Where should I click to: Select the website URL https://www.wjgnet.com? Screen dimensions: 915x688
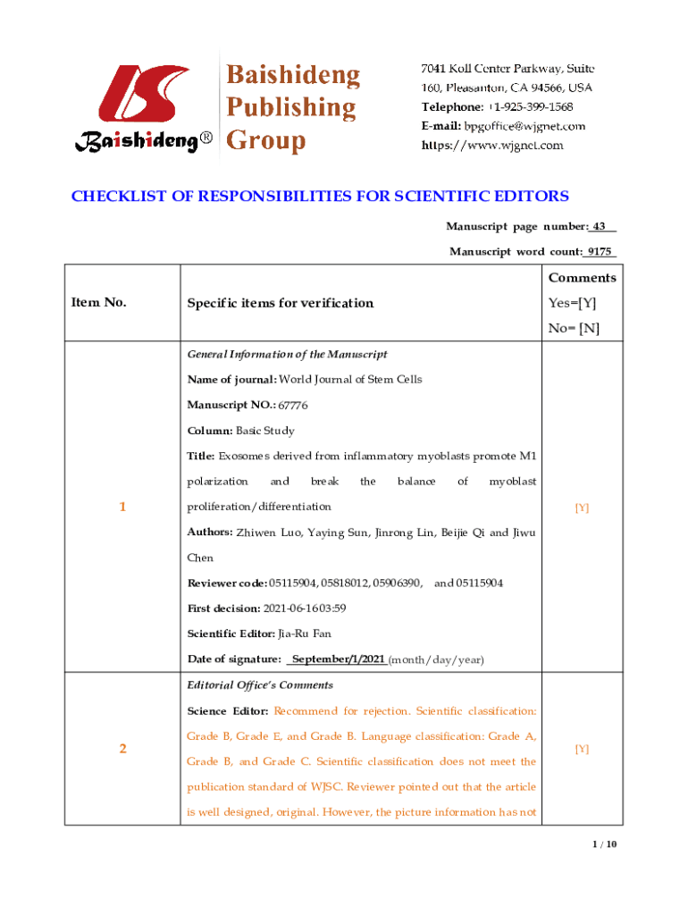(x=492, y=146)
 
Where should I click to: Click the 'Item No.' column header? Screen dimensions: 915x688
(x=98, y=302)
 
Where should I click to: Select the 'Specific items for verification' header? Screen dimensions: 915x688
(x=280, y=303)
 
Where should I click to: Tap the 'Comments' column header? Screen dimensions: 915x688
(x=582, y=278)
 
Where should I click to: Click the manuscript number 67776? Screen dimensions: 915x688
(x=292, y=405)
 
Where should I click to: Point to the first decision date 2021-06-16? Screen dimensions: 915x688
(x=291, y=609)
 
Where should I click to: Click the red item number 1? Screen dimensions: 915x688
(x=122, y=507)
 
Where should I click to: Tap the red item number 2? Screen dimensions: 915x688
(x=122, y=749)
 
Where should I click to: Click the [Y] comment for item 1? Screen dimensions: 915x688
(x=582, y=508)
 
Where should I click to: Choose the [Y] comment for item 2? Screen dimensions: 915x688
(x=582, y=750)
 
